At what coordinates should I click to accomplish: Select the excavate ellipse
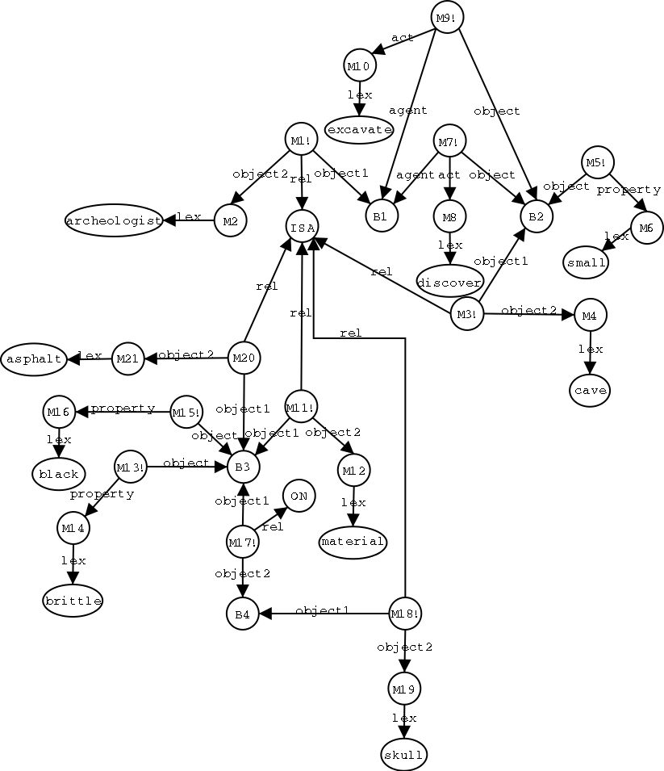click(x=359, y=129)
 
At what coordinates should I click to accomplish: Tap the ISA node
click(x=302, y=227)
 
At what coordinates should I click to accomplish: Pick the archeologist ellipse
click(x=114, y=220)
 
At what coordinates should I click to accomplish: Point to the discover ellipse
click(x=449, y=280)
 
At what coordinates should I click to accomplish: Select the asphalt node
click(x=34, y=358)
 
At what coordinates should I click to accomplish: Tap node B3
click(x=243, y=466)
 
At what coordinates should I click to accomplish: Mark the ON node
click(x=299, y=496)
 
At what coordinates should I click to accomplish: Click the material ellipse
click(x=353, y=541)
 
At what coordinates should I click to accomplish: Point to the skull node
click(x=403, y=755)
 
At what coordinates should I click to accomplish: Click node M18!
click(x=405, y=614)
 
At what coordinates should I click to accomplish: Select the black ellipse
click(x=58, y=474)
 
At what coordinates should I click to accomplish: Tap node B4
click(x=242, y=614)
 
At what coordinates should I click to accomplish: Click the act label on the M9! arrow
click(x=402, y=38)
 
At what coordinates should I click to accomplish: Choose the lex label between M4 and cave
click(x=591, y=349)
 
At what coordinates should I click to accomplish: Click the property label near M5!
click(x=629, y=190)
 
